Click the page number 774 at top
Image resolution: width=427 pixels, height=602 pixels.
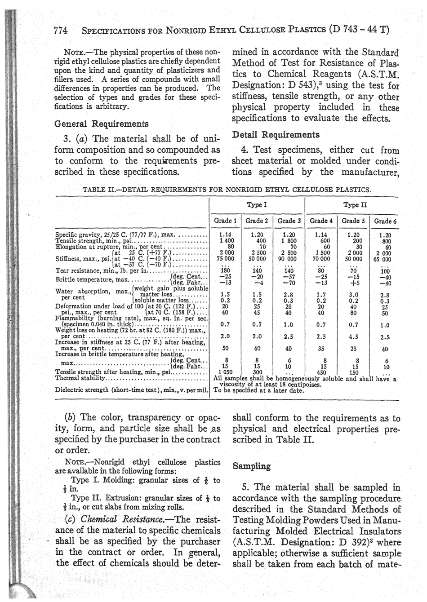click(x=60, y=31)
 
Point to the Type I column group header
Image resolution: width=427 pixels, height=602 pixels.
click(x=258, y=204)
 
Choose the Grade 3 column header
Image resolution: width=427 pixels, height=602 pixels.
click(x=289, y=221)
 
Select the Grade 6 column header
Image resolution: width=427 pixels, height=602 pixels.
click(x=385, y=221)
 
